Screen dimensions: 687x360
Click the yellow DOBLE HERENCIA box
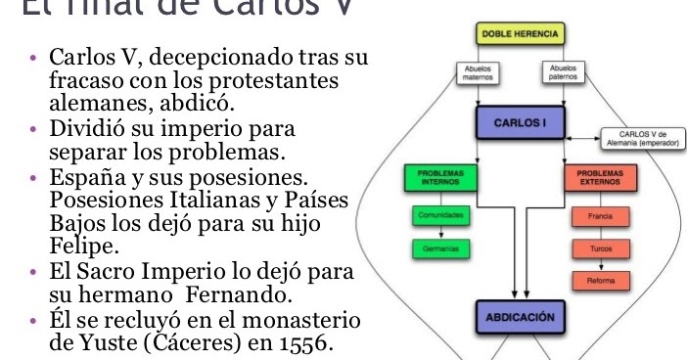(x=520, y=33)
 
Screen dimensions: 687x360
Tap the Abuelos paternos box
(x=563, y=72)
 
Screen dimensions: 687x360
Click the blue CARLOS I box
(x=520, y=124)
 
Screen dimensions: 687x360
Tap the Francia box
(x=601, y=213)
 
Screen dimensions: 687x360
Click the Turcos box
(x=601, y=248)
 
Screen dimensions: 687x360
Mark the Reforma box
(x=601, y=282)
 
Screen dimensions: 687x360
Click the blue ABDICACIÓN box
(x=520, y=317)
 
